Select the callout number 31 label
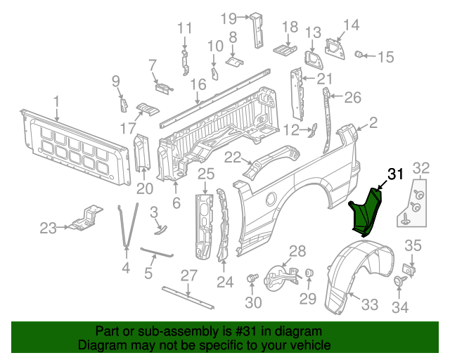click(x=396, y=174)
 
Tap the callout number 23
click(x=47, y=227)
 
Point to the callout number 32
click(x=420, y=167)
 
